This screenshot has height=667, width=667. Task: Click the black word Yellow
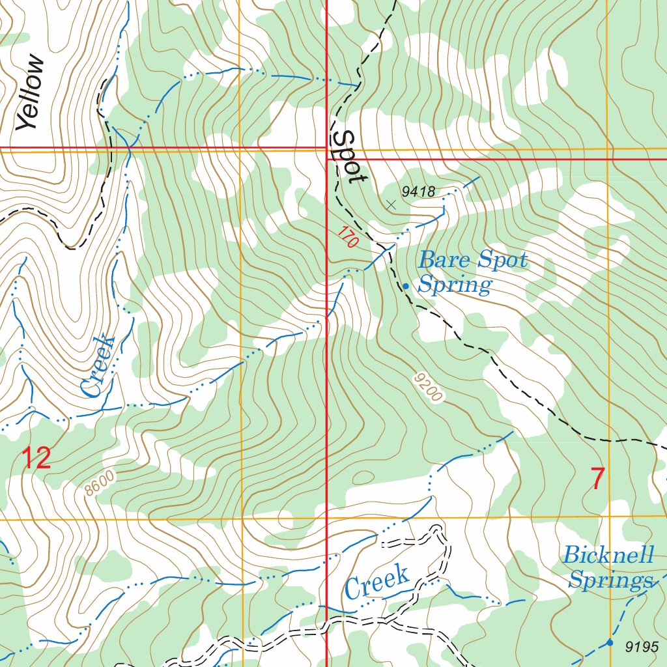[31, 93]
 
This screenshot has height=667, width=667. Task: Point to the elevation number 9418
[418, 191]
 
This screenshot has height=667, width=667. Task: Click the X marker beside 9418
[391, 205]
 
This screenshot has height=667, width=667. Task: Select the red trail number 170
[348, 237]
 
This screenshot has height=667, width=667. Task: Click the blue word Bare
[444, 261]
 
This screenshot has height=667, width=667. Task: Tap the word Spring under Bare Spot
[455, 285]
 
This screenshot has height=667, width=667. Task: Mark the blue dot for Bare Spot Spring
[406, 286]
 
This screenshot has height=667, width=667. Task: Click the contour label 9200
[428, 388]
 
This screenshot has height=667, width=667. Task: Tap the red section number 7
[597, 479]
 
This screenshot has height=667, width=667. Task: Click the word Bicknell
[608, 556]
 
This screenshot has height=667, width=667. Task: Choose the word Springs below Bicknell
[610, 580]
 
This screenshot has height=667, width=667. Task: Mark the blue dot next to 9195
[610, 643]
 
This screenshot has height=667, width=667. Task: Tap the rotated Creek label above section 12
[98, 367]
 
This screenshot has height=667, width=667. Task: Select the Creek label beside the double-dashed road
[377, 582]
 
